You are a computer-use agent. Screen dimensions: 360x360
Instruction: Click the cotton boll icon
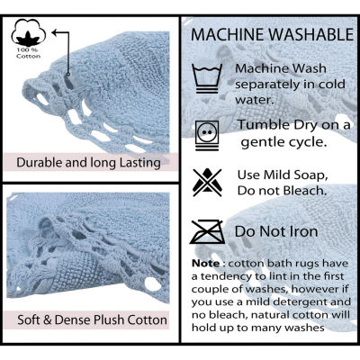[x=29, y=32]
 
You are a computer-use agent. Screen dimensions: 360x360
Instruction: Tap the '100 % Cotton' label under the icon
[x=29, y=53]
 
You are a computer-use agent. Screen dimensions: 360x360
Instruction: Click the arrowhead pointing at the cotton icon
[x=55, y=32]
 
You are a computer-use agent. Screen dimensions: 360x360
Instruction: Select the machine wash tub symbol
[x=207, y=78]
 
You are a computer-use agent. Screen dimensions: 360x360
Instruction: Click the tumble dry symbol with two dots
[x=207, y=135]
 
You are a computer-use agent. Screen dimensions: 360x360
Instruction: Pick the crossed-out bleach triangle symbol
[x=207, y=183]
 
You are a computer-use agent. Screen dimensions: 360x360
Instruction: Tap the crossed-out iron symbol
[x=207, y=232]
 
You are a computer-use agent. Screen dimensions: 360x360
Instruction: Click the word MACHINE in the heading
[x=228, y=35]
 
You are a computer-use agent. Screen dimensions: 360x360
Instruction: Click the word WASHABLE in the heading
[x=311, y=35]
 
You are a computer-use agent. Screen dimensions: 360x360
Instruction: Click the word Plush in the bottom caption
[x=110, y=319]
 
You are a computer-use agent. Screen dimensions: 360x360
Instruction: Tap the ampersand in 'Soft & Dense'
[x=48, y=320]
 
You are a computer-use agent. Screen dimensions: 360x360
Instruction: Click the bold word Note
[x=206, y=264]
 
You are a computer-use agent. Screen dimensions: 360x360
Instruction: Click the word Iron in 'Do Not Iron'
[x=304, y=231]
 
